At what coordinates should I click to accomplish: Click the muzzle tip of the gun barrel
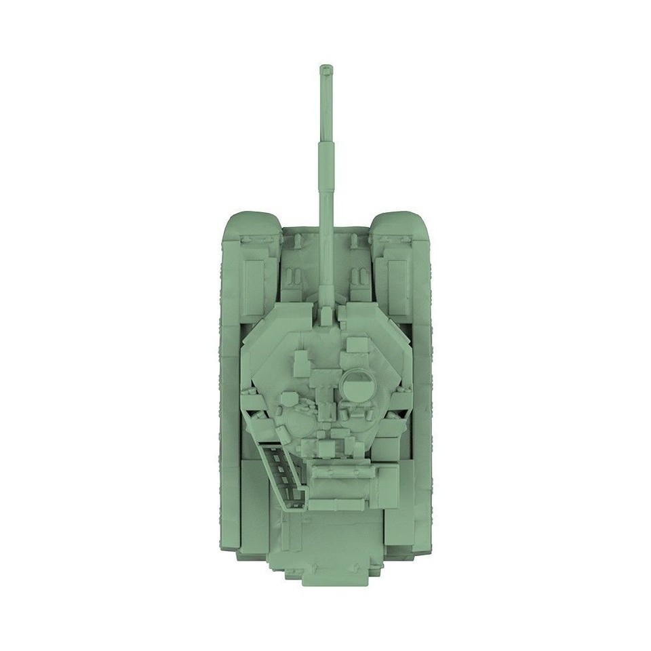[326, 69]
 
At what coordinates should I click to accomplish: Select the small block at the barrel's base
[327, 313]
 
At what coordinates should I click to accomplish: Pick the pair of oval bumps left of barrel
[294, 277]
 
